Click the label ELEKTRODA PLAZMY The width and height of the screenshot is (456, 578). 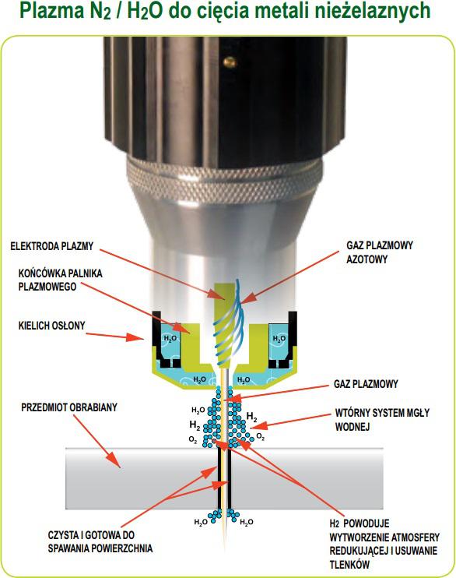click(52, 246)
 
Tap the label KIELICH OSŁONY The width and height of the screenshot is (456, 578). click(52, 326)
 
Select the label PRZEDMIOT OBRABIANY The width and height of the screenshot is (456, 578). click(69, 407)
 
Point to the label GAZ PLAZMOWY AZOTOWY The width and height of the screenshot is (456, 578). click(380, 252)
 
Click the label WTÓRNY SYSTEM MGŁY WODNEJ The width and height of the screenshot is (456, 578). click(382, 420)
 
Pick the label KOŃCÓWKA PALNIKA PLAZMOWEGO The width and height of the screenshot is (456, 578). click(61, 280)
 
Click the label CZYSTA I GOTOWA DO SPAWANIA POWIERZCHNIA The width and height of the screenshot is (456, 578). click(100, 541)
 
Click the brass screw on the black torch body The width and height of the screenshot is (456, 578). click(230, 62)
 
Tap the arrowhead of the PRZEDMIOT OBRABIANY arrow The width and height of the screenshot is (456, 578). click(115, 462)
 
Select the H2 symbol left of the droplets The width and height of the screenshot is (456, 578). click(195, 425)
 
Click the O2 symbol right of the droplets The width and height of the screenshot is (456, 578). click(261, 437)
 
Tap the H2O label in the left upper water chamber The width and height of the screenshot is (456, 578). click(170, 338)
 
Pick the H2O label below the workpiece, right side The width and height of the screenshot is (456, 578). click(247, 522)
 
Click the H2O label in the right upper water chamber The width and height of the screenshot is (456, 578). click(279, 338)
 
